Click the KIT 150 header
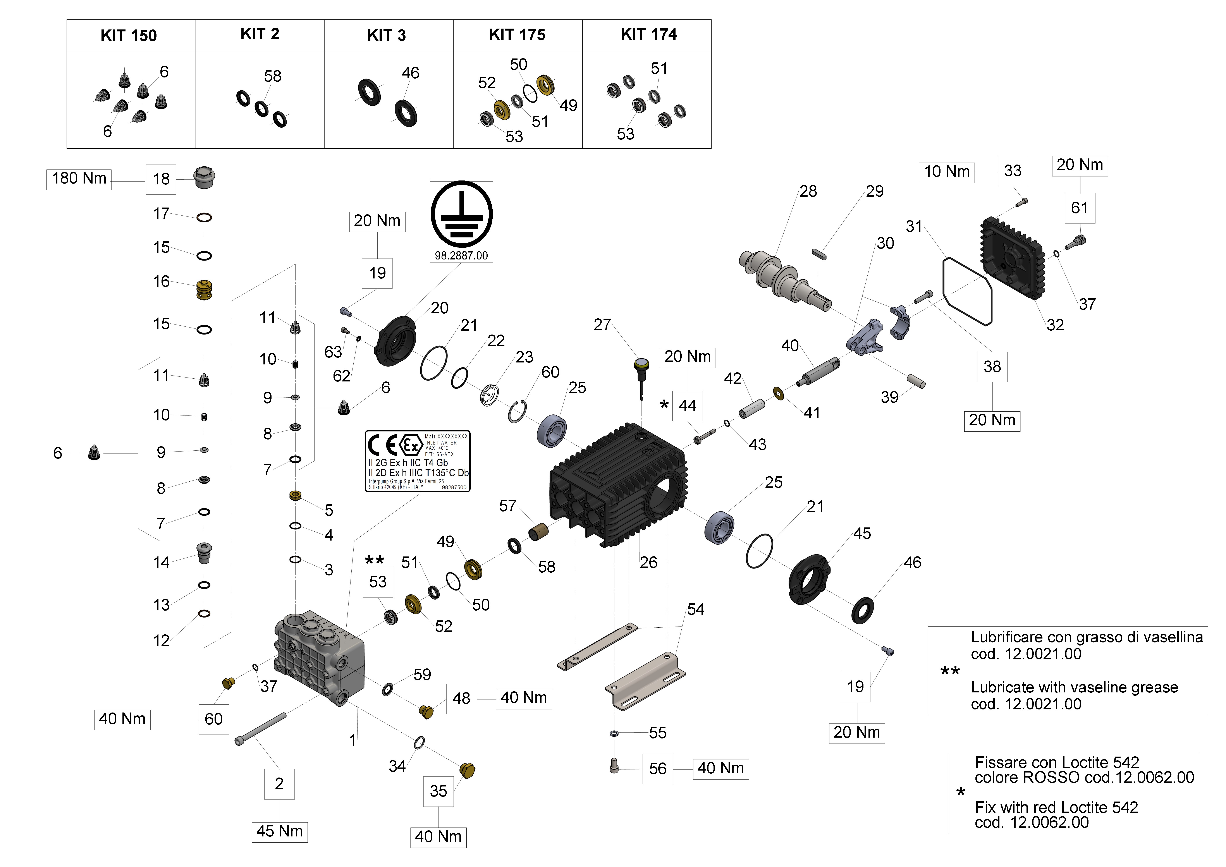[129, 36]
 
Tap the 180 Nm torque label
[79, 178]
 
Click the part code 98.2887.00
[461, 256]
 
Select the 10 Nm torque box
[947, 172]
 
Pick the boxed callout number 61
[1079, 208]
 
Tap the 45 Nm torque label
[279, 831]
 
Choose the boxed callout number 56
[657, 769]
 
